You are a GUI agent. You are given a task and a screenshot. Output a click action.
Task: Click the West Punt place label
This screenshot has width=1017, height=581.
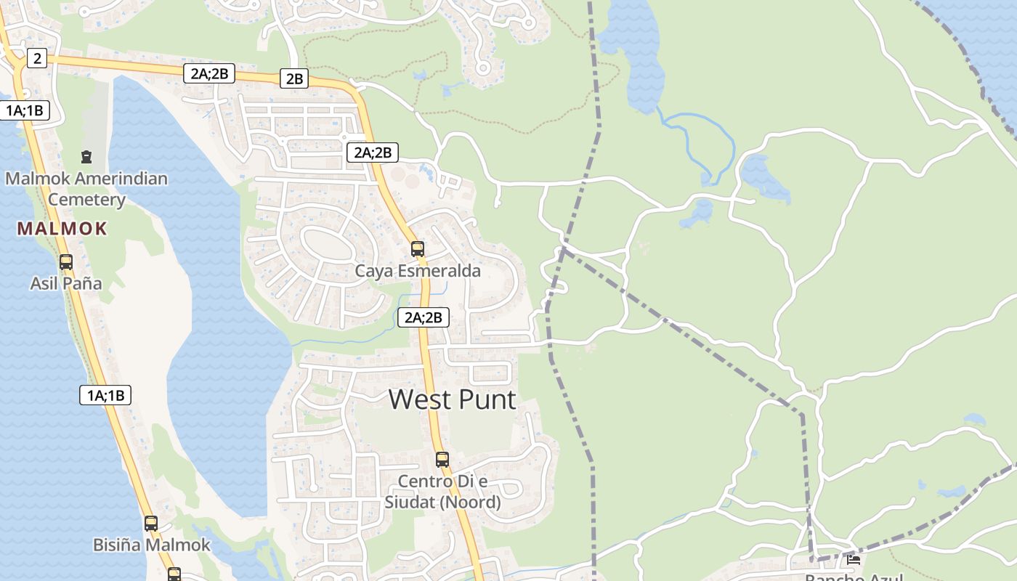click(453, 399)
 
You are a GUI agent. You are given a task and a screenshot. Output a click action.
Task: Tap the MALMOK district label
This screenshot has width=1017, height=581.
click(62, 229)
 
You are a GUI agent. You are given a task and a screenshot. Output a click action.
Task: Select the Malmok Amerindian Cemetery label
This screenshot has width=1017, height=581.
click(86, 189)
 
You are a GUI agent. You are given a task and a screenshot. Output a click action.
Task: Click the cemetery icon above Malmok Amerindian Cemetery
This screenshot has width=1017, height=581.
click(86, 157)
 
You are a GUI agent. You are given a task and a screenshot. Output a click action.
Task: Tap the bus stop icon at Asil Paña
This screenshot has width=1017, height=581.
click(66, 262)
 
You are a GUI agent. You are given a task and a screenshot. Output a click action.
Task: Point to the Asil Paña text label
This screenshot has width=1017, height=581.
click(66, 283)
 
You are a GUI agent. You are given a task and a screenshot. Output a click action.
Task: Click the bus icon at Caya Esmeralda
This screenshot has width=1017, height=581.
click(418, 249)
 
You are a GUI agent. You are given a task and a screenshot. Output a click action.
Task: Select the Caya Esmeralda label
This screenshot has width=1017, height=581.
click(418, 271)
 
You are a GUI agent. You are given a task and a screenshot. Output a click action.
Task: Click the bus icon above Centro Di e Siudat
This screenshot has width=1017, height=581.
click(442, 460)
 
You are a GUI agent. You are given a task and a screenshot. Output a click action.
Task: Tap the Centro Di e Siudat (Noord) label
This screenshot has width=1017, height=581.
click(442, 492)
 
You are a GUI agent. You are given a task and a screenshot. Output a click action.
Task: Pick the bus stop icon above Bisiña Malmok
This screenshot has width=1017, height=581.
click(151, 524)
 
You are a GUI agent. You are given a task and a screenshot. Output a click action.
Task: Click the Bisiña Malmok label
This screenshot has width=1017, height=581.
click(151, 545)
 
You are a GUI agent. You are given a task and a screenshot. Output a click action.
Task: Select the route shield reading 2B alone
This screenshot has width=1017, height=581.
click(294, 78)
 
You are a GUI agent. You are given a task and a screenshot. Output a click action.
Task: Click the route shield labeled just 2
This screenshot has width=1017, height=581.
click(37, 58)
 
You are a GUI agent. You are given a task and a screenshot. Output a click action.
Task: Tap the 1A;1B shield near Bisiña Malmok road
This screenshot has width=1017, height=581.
click(105, 395)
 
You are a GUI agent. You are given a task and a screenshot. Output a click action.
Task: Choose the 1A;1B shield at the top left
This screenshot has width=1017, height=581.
click(25, 110)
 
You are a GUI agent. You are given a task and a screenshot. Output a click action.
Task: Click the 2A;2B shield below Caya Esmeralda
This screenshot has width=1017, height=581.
click(424, 317)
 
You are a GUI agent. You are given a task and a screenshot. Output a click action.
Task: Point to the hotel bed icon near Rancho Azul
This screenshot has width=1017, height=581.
click(854, 560)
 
